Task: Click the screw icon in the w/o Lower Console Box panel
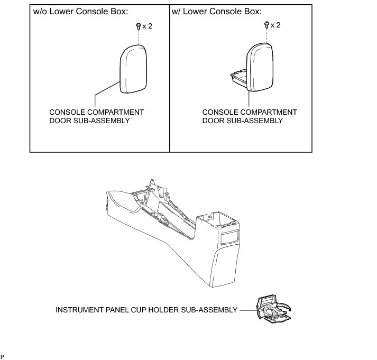click(138, 25)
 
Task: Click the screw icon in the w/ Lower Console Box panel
click(267, 24)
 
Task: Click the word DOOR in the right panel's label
click(214, 121)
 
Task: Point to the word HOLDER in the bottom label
click(189, 310)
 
